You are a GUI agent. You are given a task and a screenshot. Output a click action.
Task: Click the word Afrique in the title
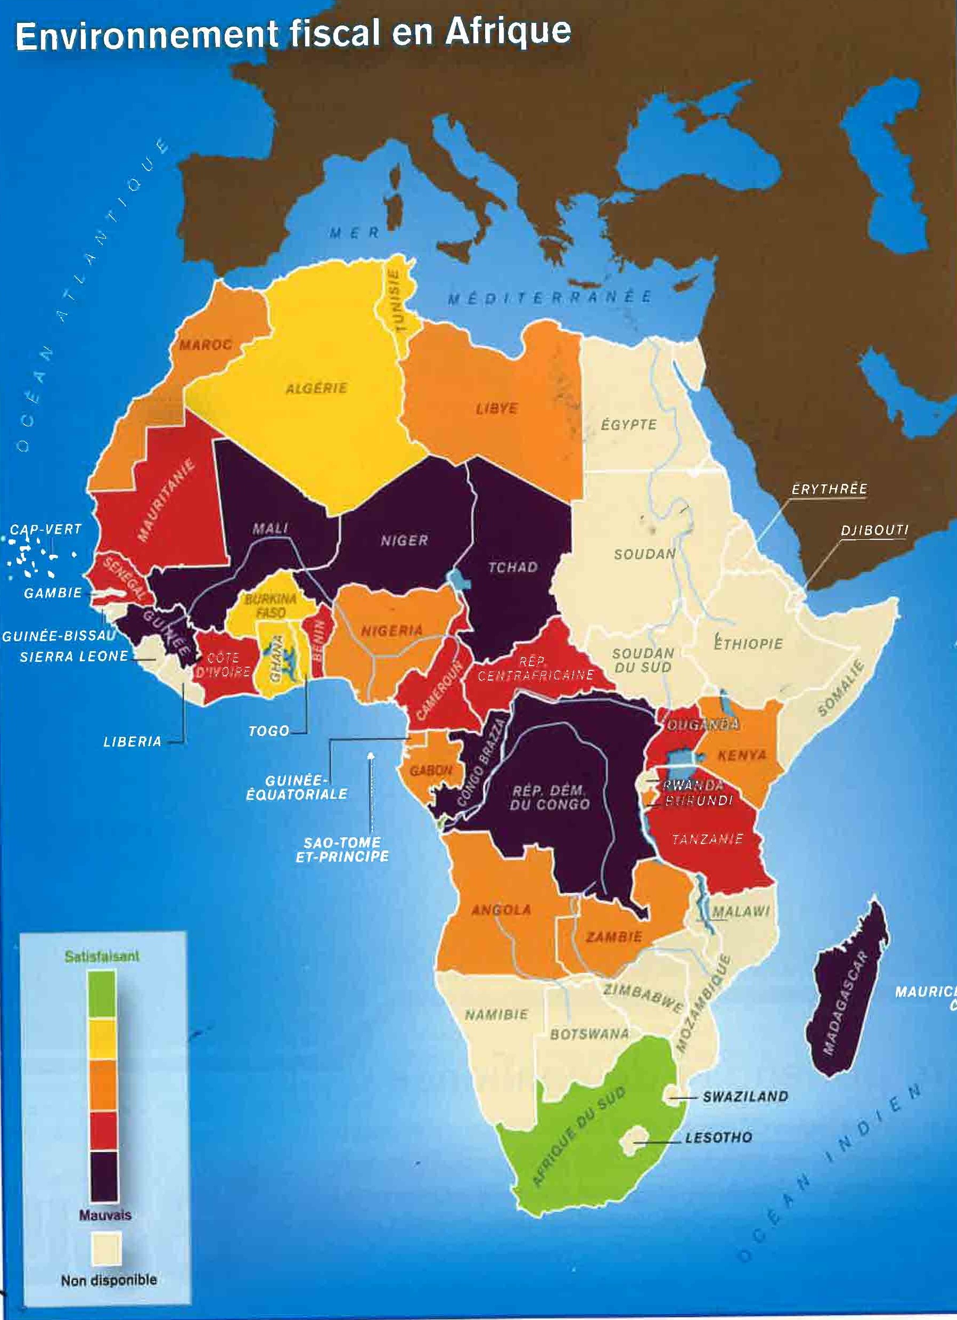(508, 32)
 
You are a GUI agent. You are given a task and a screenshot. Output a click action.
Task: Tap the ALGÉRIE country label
(316, 388)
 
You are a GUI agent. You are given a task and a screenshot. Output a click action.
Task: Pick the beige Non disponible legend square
(107, 1249)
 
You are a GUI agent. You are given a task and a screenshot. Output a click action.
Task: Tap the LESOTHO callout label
(718, 1137)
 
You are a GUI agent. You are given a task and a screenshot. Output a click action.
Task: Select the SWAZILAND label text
(745, 1097)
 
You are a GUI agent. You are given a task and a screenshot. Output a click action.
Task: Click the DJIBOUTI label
(874, 530)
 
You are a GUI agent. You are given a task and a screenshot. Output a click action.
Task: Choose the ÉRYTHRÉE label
(829, 489)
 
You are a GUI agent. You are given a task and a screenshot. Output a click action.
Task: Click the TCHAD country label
(512, 567)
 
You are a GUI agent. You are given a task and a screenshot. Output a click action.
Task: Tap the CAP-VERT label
(46, 529)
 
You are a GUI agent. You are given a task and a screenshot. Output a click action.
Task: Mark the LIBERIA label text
(132, 741)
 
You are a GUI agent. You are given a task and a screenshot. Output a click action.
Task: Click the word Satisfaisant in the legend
(102, 956)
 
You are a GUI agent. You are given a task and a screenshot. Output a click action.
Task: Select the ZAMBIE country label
(614, 937)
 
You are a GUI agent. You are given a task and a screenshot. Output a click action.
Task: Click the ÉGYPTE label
(628, 424)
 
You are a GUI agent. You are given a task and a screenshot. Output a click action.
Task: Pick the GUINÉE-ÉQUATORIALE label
(297, 787)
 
